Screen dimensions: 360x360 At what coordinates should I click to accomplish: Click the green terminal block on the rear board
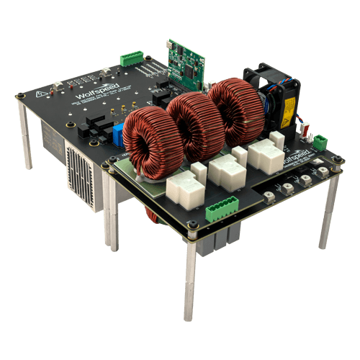click(x=132, y=58)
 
